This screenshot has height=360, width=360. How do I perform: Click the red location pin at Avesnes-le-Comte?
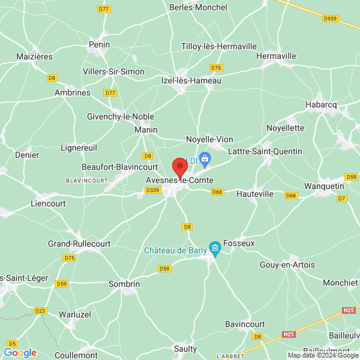pos(179,167)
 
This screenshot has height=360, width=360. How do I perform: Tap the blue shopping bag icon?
pos(205,159)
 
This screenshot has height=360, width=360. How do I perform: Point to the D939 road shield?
pos(330,19)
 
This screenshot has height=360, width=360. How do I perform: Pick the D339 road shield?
pos(153,190)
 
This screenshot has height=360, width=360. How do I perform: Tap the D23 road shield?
pos(40,310)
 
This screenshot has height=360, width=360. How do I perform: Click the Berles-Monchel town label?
pos(199,8)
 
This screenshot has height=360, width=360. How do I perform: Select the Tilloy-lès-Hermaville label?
pos(219,46)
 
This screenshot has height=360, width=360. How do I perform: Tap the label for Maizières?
pos(35,56)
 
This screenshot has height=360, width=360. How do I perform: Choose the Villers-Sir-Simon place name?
pos(113,72)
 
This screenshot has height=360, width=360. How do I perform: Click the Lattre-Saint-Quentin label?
pos(265,151)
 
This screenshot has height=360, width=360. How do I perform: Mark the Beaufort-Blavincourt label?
pos(119,167)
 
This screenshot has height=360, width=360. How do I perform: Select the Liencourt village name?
pos(48,203)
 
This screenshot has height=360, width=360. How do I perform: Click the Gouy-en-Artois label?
pos(287,265)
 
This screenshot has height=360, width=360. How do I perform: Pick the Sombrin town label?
pos(124,284)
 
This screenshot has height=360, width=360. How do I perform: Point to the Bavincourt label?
pos(245,324)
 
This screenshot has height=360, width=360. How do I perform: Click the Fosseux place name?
pos(239,244)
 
